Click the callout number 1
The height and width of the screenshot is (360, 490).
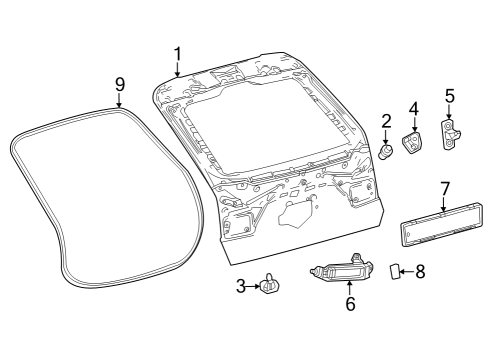click(x=177, y=53)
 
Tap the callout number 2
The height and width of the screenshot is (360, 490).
click(x=386, y=122)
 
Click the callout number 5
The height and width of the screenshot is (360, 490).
click(x=450, y=97)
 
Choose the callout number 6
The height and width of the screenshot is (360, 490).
click(x=350, y=304)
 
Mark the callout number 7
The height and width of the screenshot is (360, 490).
click(x=445, y=187)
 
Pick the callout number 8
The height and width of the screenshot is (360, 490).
click(x=420, y=270)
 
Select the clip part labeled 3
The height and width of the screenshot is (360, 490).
click(x=269, y=288)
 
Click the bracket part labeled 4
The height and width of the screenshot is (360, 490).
click(x=412, y=144)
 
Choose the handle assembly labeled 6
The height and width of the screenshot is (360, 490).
click(x=346, y=271)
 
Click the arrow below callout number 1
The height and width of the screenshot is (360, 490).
click(x=177, y=70)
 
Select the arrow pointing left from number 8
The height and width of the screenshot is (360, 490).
click(x=406, y=270)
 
